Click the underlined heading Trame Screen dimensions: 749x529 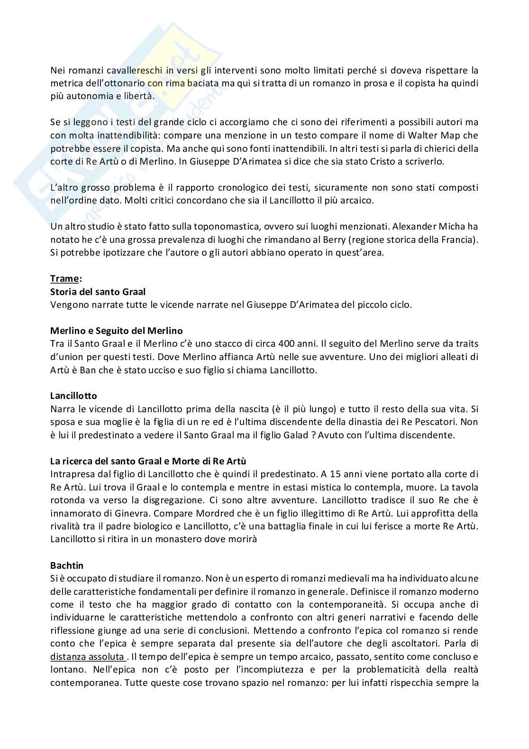coord(65,278)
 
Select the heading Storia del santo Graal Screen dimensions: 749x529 coord(98,291)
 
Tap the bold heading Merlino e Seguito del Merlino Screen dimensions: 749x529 coord(116,331)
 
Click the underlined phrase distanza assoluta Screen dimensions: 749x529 coord(87,657)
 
